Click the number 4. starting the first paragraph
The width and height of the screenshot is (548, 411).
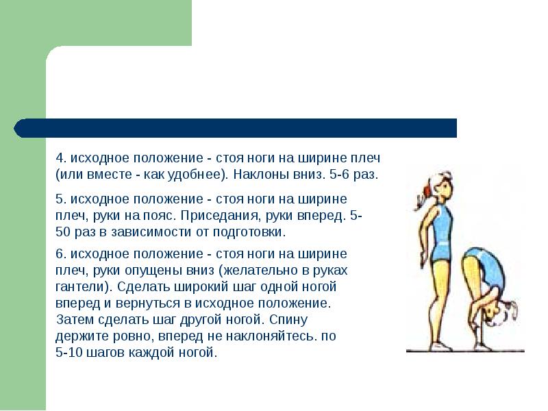60,157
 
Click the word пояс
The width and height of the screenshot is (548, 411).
161,215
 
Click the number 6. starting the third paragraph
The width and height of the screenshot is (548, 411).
60,252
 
